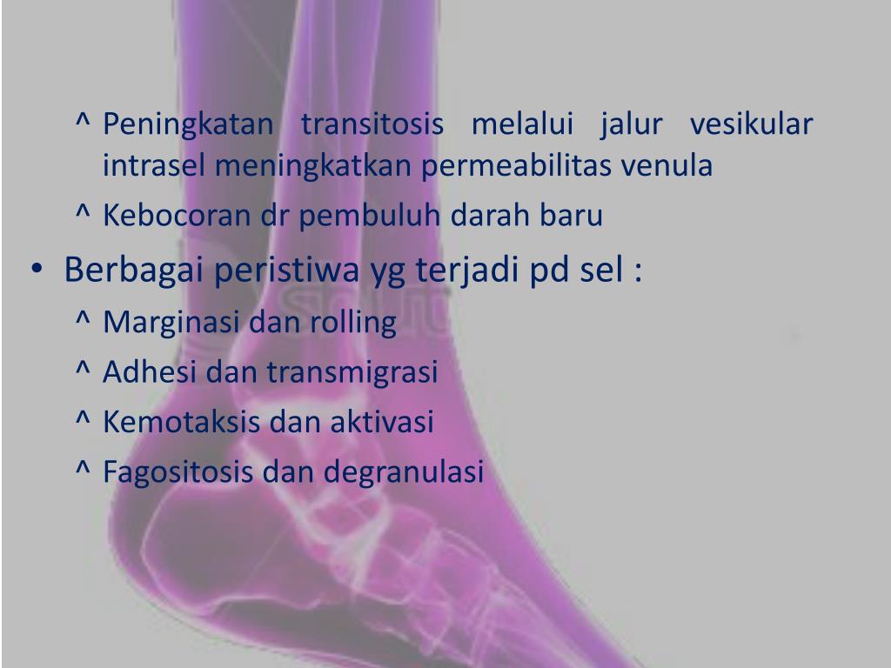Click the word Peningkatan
pos(188,126)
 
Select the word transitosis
pos(372,124)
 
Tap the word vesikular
pos(752,124)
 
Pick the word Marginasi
pos(172,324)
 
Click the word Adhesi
pos(151,373)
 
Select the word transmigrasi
pos(352,373)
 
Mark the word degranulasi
pos(404,472)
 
